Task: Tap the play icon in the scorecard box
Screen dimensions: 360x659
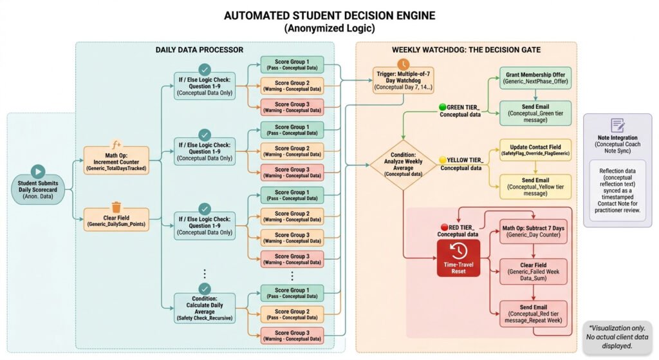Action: click(37, 171)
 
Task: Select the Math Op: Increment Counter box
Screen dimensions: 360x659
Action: click(116, 158)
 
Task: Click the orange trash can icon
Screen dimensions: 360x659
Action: click(116, 207)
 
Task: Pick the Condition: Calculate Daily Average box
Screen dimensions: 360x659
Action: click(204, 307)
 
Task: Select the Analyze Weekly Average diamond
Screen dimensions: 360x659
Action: click(403, 164)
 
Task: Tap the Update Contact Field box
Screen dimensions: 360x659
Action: click(535, 150)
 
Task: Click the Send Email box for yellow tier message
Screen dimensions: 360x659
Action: click(535, 184)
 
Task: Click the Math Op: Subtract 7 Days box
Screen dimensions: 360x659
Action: click(534, 231)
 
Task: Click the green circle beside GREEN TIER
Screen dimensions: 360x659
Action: click(443, 107)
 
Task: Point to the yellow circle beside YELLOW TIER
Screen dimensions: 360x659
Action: click(443, 160)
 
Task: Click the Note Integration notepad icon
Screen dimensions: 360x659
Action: click(617, 125)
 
